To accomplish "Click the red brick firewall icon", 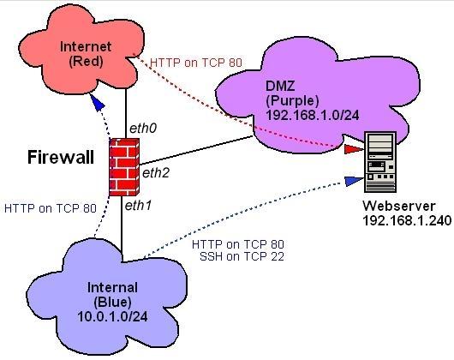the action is [124, 167].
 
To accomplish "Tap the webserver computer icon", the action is [380, 162].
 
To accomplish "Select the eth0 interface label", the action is [143, 129].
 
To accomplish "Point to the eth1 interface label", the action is [138, 206].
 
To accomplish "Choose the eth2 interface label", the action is [156, 173].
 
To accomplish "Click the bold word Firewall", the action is [61, 157].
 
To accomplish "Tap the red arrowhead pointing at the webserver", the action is [354, 149].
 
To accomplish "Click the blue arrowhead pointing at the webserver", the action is [354, 181].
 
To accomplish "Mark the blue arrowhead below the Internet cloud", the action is [99, 102].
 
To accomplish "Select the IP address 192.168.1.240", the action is [407, 220].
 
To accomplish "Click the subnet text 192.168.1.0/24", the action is [313, 115].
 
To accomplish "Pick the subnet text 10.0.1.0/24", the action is [112, 316].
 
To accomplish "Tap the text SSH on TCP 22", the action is [242, 256].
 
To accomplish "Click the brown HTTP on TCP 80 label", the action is [196, 63].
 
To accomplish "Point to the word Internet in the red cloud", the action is [86, 46].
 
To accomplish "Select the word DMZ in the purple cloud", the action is [280, 86].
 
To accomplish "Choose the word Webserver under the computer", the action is [399, 206].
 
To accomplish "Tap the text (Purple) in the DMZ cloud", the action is [292, 101].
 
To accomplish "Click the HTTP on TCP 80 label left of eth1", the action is [50, 208].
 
